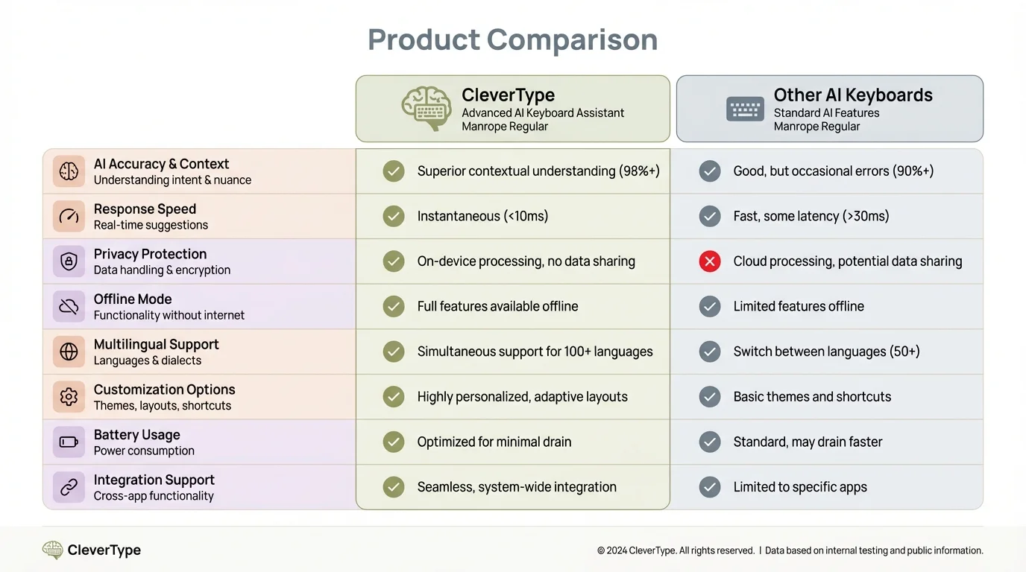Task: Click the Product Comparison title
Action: (512, 39)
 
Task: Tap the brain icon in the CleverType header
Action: (427, 109)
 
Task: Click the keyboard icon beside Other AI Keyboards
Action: (745, 109)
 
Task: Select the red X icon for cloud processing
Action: (710, 261)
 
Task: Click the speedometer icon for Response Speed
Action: (69, 217)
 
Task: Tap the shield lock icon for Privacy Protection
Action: (69, 261)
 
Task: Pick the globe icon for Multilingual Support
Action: (69, 352)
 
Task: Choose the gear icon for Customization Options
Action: (69, 397)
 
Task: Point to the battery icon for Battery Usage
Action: (69, 442)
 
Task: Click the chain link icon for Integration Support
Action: (69, 487)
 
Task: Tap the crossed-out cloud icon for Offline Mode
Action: (69, 307)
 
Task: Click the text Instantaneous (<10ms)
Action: (482, 217)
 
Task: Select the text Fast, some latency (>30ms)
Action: (811, 217)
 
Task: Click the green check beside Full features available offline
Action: (394, 306)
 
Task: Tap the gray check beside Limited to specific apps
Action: (710, 487)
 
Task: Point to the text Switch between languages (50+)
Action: (826, 352)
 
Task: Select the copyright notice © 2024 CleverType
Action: (676, 551)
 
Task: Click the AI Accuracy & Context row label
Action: (161, 165)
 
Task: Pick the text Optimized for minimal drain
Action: (494, 442)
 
